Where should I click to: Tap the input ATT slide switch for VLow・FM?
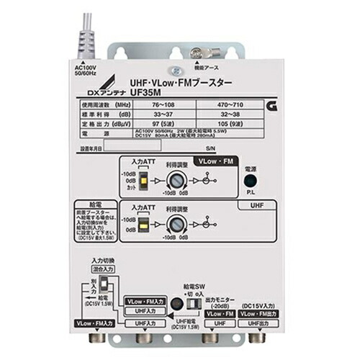[x=143, y=180]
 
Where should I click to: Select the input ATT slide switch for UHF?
[x=143, y=226]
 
